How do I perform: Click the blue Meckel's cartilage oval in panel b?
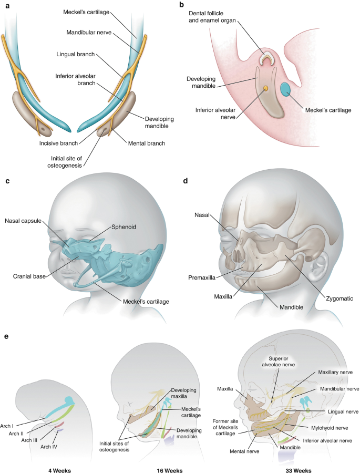coord(287,90)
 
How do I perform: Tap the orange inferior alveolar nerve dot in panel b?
coord(266,88)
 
